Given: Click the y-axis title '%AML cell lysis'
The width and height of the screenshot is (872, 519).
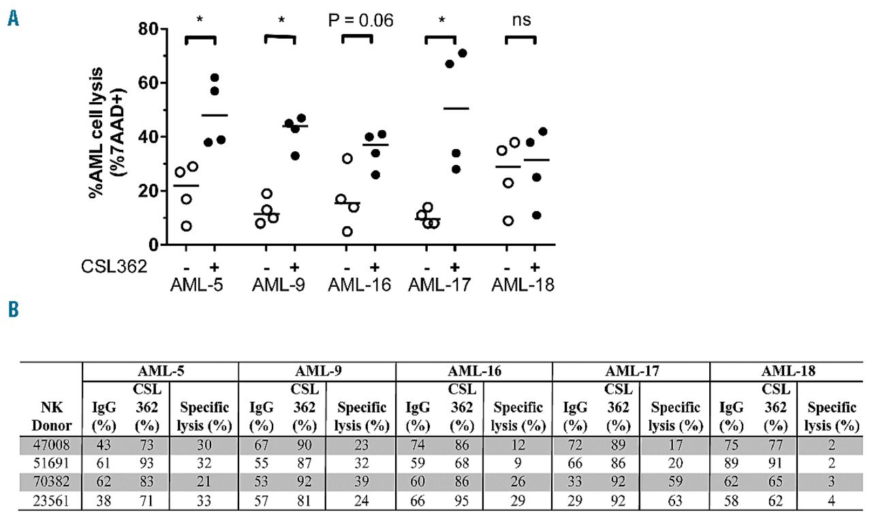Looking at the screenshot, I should pos(96,133).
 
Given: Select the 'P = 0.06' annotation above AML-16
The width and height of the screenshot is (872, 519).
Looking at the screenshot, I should pos(359,20).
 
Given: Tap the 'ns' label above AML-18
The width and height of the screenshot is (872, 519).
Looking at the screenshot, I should pos(521,20).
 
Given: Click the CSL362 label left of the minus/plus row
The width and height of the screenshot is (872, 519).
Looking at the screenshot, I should pos(123,266).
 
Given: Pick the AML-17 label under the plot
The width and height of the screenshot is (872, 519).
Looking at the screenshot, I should pos(439,285).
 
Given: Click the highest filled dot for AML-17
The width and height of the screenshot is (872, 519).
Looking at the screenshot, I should pos(463,53).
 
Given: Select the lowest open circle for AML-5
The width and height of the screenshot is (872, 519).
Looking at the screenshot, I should pos(186,226).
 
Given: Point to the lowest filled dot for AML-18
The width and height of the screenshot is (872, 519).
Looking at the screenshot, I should pos(537,215).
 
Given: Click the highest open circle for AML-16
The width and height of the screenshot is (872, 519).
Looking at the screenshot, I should pos(347,159).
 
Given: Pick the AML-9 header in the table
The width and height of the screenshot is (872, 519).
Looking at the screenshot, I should pos(317,372).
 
